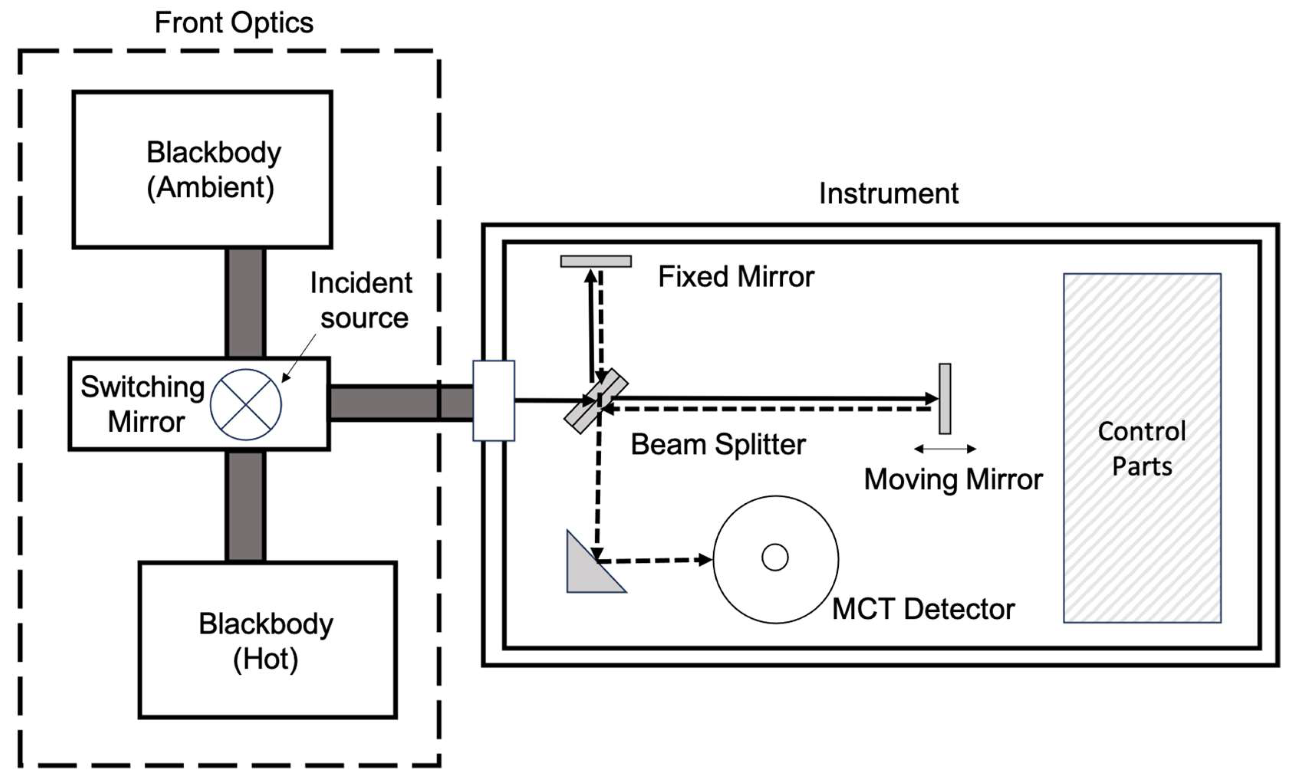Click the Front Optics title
click(x=234, y=23)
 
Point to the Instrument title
click(x=888, y=194)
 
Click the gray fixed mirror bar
click(x=596, y=261)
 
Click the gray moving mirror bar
click(x=945, y=398)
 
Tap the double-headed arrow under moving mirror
click(x=945, y=449)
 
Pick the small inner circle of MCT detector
click(x=775, y=557)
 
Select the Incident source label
click(x=361, y=301)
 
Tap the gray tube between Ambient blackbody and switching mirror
click(x=245, y=302)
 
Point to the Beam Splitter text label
click(x=718, y=445)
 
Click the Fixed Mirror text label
click(x=736, y=277)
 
